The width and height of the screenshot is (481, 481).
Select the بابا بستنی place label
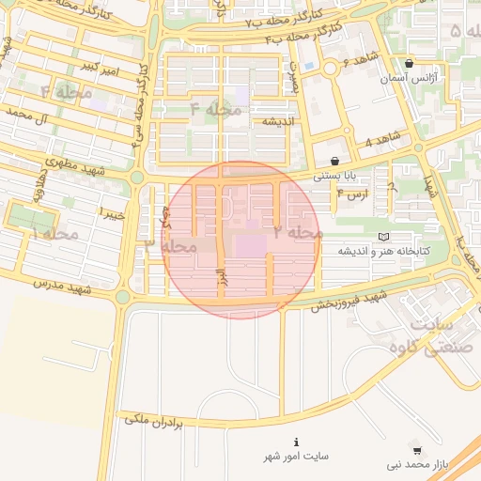tap(335, 175)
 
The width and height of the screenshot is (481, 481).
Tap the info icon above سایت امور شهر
tap(297, 442)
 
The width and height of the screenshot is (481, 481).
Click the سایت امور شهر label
tap(297, 457)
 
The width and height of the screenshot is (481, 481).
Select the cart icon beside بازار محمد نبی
tap(417, 450)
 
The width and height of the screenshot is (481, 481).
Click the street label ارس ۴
tap(359, 194)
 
